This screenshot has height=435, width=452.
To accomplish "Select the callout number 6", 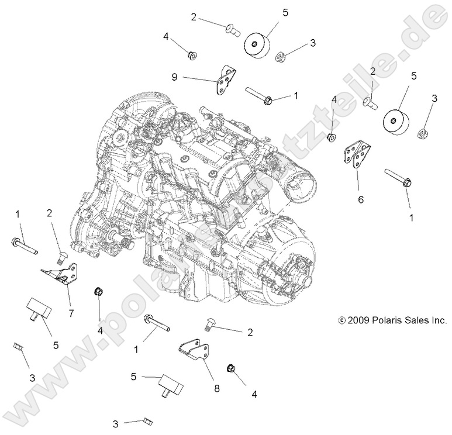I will [361, 199].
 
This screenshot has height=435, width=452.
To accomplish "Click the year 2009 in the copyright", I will [359, 320].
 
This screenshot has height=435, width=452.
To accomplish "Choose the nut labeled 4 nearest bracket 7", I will [98, 292].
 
